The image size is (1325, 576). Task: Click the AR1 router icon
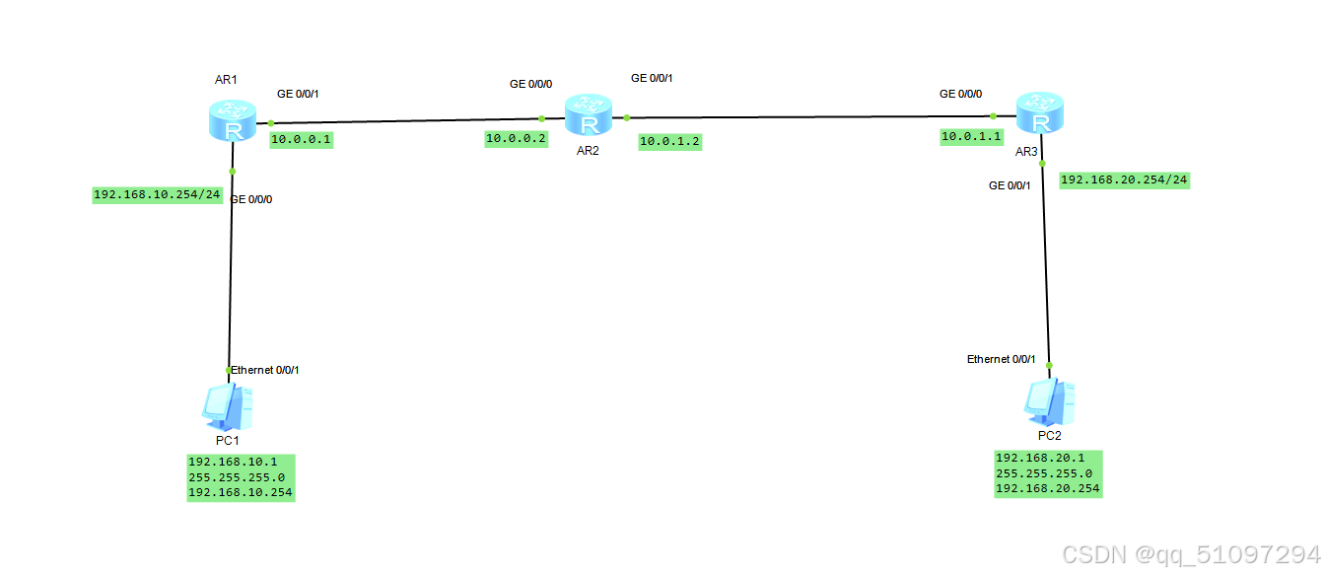[x=233, y=120]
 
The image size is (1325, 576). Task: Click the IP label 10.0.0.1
[x=302, y=140]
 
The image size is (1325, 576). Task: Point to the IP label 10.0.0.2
[x=516, y=139]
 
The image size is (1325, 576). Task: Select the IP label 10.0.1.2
[x=669, y=141]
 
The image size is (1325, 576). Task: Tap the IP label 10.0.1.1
[x=971, y=136]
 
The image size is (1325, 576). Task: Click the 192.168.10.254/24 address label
[x=157, y=194]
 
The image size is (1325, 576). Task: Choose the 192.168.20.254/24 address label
[x=1124, y=180]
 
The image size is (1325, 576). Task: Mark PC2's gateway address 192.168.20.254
[x=1048, y=488]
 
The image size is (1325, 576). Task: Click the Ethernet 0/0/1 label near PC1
[x=264, y=370]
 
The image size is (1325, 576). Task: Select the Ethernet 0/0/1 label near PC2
[x=1001, y=359]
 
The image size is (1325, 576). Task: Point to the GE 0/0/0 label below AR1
[x=250, y=199]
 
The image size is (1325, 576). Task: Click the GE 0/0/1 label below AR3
[x=1010, y=185]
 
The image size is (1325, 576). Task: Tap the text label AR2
[x=589, y=150]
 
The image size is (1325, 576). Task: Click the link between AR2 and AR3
[x=808, y=116]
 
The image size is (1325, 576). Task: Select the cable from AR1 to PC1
[x=231, y=276]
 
